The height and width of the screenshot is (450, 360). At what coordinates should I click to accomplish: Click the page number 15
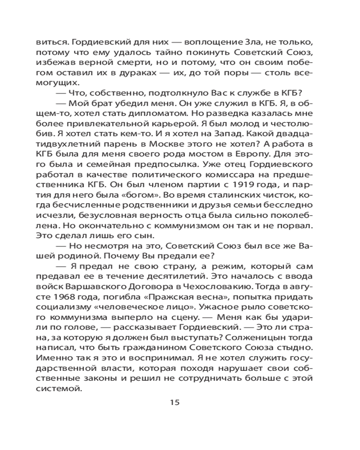[x=175, y=402]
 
